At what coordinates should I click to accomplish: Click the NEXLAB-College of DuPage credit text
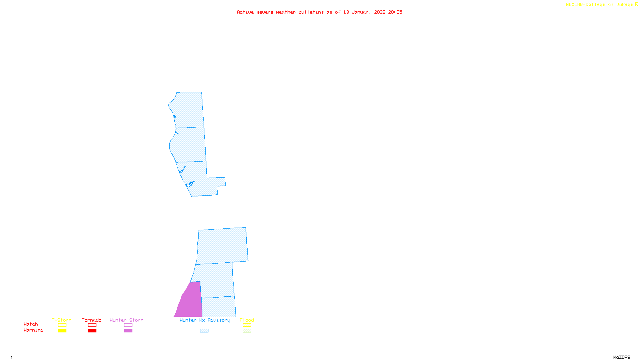click(602, 5)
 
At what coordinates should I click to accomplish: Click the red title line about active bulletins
click(319, 12)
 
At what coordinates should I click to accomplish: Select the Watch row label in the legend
click(31, 324)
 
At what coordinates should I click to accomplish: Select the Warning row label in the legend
click(33, 330)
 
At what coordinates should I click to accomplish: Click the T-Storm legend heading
click(62, 320)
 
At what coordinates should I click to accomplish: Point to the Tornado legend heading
click(92, 320)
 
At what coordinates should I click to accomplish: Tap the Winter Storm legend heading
click(126, 320)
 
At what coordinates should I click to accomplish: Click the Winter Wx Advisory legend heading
click(205, 320)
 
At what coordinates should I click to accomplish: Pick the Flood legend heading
click(247, 320)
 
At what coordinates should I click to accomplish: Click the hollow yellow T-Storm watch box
click(62, 325)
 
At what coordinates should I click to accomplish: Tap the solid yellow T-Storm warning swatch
click(62, 331)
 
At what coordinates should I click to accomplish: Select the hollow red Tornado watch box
click(92, 325)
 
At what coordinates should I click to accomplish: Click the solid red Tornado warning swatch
click(92, 331)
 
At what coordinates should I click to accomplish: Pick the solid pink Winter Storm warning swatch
click(128, 331)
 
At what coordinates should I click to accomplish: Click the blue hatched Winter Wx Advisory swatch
click(204, 331)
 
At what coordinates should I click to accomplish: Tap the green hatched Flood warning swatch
click(247, 331)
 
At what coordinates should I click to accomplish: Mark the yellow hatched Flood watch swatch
click(247, 325)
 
